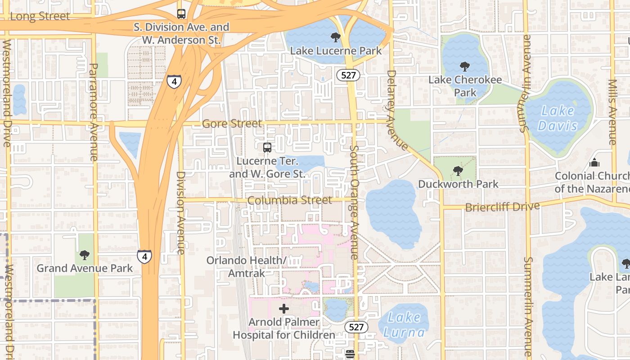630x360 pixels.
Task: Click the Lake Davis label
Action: click(558, 118)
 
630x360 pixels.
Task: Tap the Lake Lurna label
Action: click(404, 325)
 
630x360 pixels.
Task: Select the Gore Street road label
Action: click(232, 123)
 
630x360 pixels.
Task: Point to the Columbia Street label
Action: click(290, 200)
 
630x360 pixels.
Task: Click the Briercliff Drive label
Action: click(502, 207)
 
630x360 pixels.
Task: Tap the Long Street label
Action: click(40, 16)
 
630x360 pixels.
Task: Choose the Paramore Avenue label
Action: click(94, 112)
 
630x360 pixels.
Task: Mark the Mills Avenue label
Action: click(612, 112)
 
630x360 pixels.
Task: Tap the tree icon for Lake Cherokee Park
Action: click(465, 67)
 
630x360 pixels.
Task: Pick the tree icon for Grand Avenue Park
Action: click(84, 256)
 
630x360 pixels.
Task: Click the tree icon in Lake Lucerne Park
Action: click(335, 37)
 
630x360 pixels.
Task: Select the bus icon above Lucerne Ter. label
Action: click(267, 147)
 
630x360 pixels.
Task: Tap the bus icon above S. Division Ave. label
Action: click(181, 14)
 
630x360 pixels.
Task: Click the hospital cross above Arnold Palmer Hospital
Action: click(284, 309)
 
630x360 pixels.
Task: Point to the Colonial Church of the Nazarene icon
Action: click(594, 162)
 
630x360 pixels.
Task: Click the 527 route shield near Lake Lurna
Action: click(356, 327)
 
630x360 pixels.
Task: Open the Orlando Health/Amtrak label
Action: click(246, 266)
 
